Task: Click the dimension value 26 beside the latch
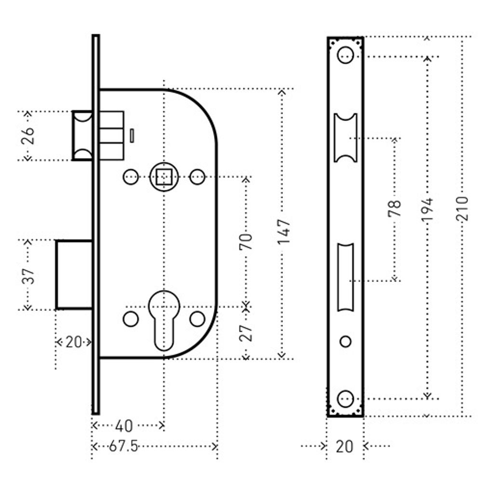[28, 136]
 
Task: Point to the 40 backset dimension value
[124, 426]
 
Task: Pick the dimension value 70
[246, 241]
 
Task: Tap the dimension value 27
[246, 332]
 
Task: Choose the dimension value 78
[394, 210]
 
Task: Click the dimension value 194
[427, 209]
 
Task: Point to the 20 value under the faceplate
[344, 446]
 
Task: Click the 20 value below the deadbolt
[73, 343]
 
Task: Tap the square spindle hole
[164, 177]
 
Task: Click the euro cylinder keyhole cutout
[164, 318]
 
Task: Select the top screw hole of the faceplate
[345, 55]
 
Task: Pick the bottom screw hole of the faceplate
[345, 399]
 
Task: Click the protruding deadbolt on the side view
[74, 274]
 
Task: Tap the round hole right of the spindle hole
[197, 177]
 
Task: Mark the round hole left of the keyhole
[131, 319]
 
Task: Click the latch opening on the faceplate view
[346, 138]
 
